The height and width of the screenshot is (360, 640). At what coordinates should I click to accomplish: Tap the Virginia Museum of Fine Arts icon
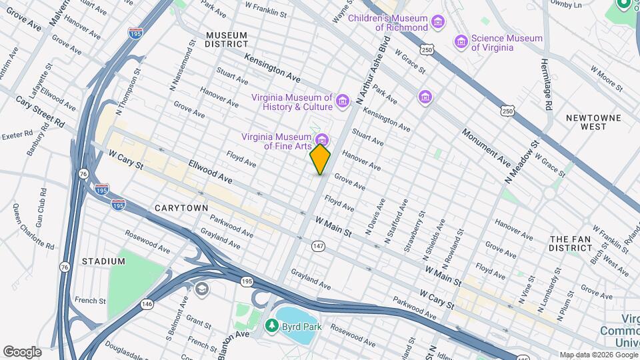pos(323,139)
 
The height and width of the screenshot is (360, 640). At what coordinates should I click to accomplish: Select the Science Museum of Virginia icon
pos(461,42)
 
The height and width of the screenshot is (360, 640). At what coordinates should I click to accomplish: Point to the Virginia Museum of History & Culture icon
pos(343,101)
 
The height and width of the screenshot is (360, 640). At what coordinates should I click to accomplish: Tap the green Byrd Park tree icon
pos(271,326)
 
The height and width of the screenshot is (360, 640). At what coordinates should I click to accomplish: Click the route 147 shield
pos(318,247)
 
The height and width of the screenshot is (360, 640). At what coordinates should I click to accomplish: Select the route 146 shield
pos(146,304)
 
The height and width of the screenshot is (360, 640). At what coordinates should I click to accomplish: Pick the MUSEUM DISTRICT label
pos(226,39)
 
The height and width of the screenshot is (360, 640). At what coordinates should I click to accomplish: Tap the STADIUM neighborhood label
pos(103,261)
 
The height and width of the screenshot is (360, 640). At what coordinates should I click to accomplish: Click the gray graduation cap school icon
pos(201,289)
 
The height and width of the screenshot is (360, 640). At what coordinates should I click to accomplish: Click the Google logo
pos(22,352)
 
